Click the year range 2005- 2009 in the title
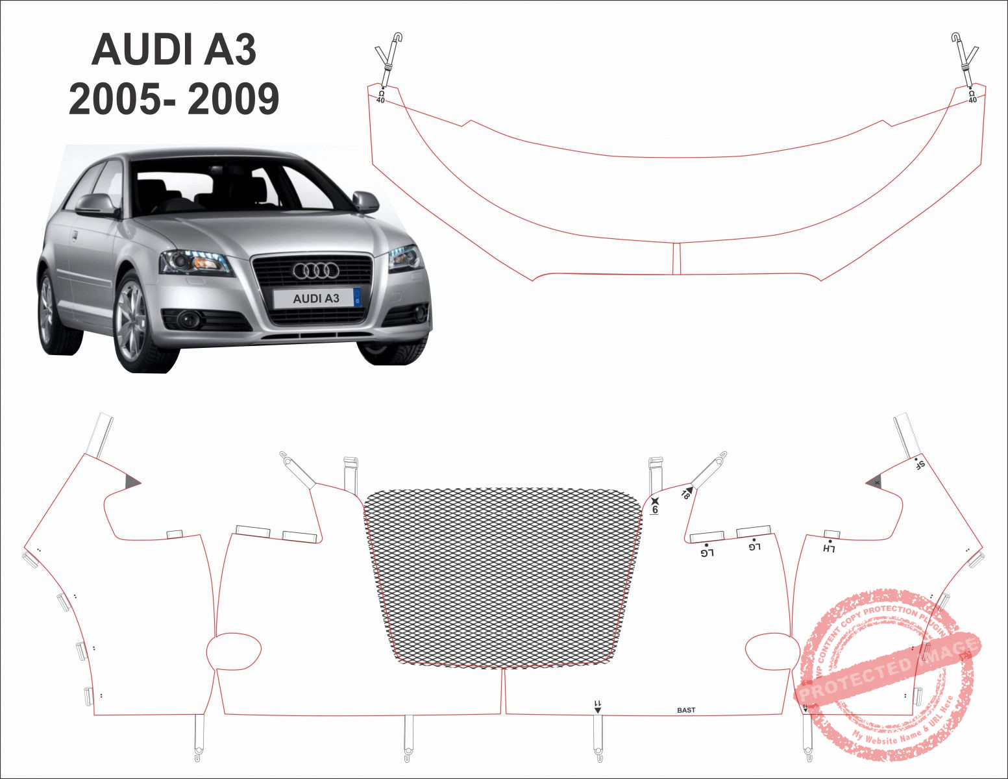[x=174, y=99]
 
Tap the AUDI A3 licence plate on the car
[x=316, y=299]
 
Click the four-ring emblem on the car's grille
[x=316, y=270]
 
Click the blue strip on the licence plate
[x=356, y=298]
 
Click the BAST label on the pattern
[x=686, y=710]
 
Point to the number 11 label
[x=598, y=704]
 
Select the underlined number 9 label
[x=656, y=510]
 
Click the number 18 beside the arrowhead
[x=684, y=495]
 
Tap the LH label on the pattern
[x=829, y=549]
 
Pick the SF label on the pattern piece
[x=920, y=465]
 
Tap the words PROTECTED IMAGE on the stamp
[x=889, y=669]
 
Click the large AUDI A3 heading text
[x=174, y=50]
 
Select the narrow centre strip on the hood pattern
[x=676, y=259]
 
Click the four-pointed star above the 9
[x=655, y=500]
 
